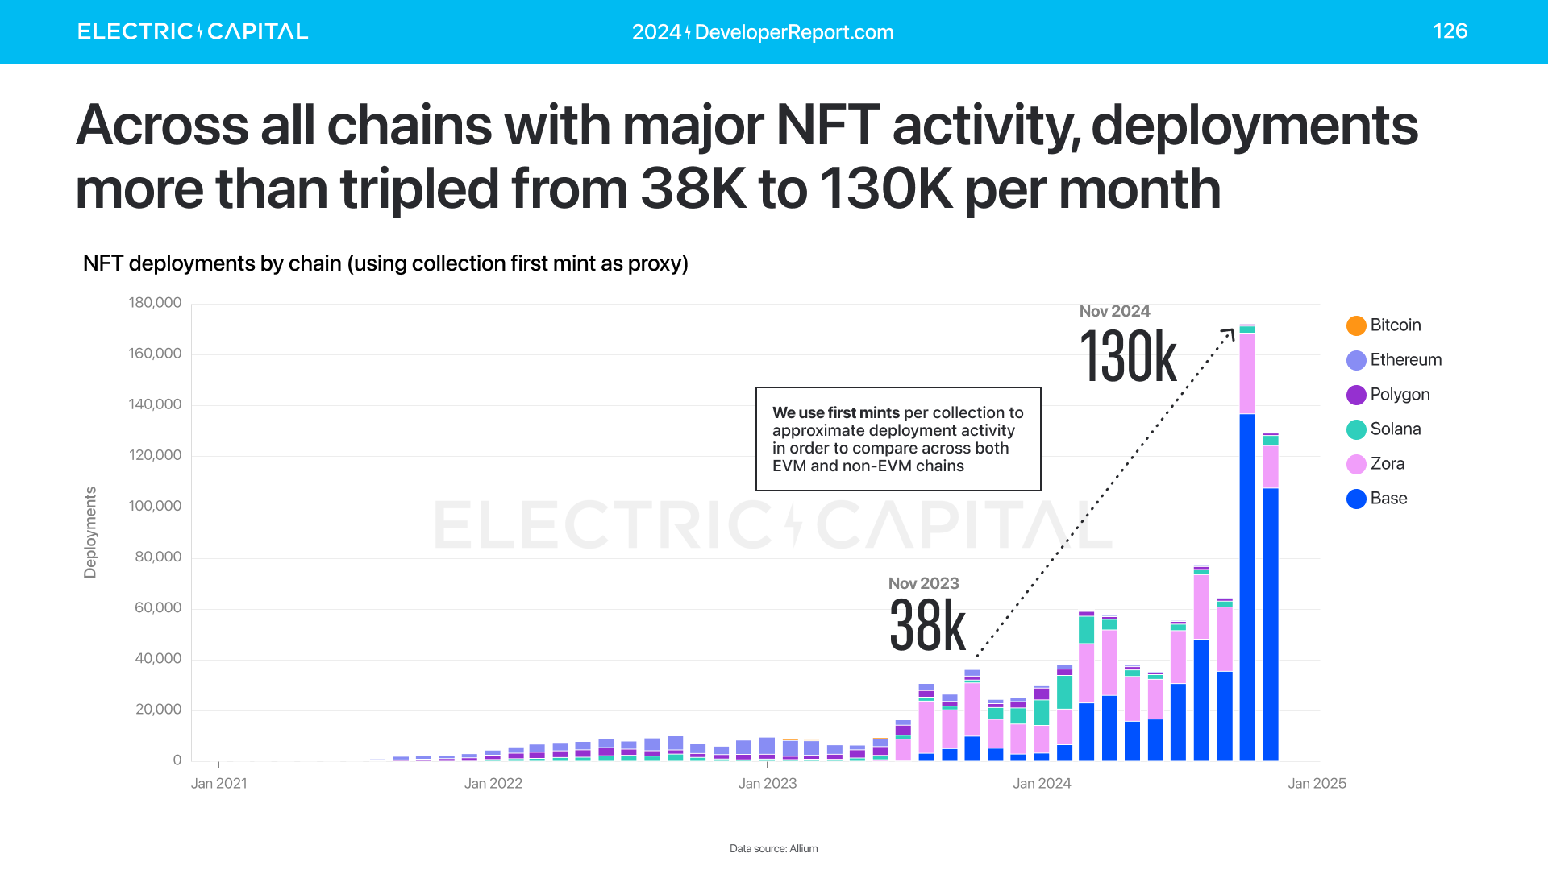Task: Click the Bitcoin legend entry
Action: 1384,325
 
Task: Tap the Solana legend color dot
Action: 1356,429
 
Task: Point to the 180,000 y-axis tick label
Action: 155,303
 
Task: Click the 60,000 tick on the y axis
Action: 158,608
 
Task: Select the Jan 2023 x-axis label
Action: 767,784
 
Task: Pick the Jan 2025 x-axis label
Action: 1317,784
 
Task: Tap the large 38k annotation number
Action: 927,626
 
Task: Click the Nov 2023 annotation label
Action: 923,583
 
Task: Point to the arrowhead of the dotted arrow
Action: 1230,332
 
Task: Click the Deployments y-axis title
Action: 90,532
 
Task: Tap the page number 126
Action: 1450,31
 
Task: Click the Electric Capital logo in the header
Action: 193,31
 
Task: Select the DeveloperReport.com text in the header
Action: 793,32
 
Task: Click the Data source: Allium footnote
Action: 773,848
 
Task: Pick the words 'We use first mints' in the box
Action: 835,412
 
